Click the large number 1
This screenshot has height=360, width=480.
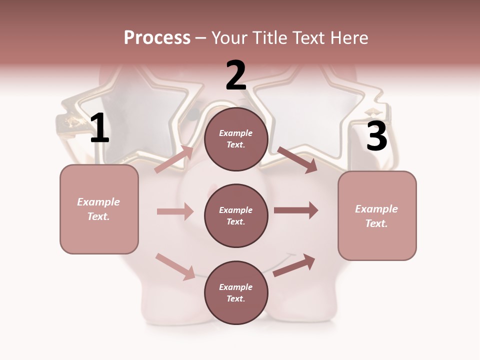(99, 128)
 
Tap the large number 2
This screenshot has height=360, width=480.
(236, 75)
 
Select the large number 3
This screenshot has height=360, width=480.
(376, 136)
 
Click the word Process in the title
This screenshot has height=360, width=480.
(157, 37)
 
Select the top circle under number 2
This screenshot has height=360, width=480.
(236, 139)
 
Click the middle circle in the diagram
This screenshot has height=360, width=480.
(236, 215)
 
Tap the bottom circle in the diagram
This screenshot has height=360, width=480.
(236, 292)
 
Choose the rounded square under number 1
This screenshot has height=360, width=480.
(99, 209)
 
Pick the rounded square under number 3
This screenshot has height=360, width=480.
(377, 215)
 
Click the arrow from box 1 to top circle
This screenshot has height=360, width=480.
(174, 159)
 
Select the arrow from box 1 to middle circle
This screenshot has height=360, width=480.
(175, 211)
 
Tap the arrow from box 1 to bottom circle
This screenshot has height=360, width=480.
(175, 266)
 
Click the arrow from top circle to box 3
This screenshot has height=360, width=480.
(297, 160)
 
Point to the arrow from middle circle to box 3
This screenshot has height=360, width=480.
(296, 210)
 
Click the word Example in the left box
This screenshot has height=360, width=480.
(98, 202)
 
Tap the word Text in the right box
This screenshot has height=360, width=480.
(376, 223)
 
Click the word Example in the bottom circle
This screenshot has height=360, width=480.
(236, 287)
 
